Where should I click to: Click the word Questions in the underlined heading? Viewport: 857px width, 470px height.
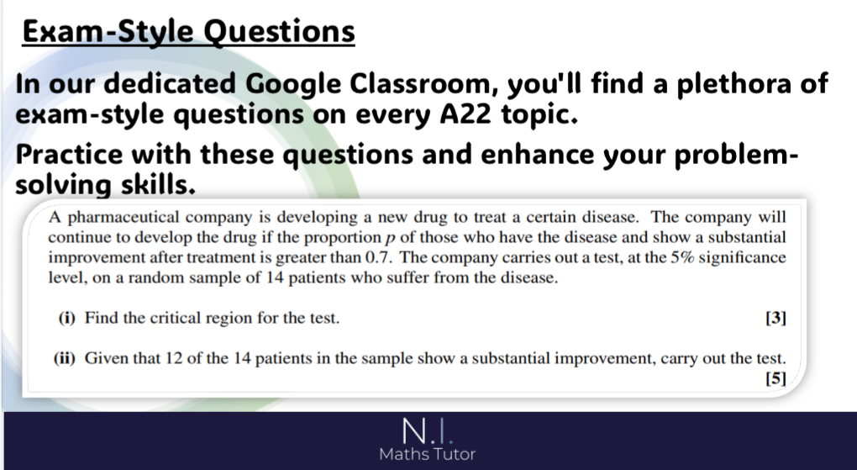tap(279, 32)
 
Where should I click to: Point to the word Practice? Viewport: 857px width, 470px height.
tap(69, 155)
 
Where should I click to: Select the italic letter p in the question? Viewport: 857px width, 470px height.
tap(390, 239)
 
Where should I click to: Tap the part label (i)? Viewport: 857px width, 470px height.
tap(66, 318)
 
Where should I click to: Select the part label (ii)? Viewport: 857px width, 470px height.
tap(64, 358)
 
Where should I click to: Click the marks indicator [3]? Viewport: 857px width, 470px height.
tap(776, 318)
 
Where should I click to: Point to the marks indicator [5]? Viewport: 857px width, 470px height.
tap(776, 378)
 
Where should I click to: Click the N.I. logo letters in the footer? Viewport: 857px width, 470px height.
tap(428, 430)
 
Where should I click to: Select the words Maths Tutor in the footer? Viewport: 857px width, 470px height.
tap(428, 454)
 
